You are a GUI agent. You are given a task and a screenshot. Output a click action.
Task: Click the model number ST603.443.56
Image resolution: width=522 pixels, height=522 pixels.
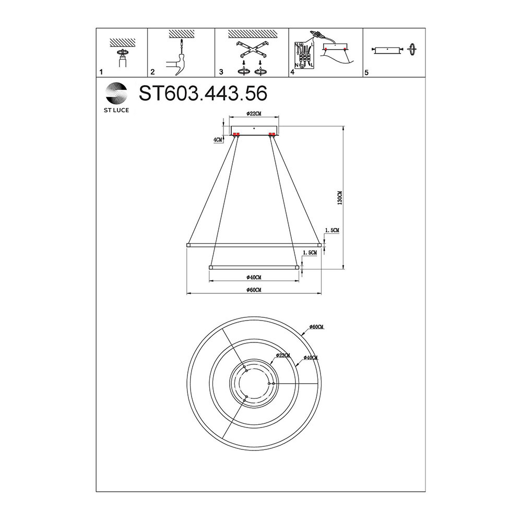coord(203,93)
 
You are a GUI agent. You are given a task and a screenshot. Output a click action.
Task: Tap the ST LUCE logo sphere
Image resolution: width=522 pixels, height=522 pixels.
coord(116,93)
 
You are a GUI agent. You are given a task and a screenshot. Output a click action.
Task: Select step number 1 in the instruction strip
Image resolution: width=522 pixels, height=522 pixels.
coord(101,72)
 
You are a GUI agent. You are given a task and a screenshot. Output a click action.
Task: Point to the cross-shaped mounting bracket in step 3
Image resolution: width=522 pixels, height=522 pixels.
coord(252,50)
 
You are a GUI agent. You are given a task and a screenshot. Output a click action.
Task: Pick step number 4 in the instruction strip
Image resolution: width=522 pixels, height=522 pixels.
coord(293,72)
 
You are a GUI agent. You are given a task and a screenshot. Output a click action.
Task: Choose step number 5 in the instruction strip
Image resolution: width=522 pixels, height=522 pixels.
coord(366,72)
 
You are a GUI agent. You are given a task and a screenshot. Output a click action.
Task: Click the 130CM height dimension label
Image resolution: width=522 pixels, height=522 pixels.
coord(340,198)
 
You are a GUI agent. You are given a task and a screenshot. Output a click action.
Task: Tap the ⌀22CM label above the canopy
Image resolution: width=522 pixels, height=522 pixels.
coord(254,113)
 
